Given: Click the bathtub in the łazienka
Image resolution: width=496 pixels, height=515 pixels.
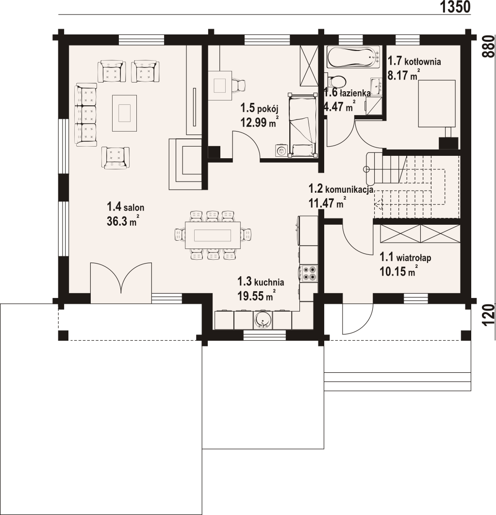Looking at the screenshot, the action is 353,57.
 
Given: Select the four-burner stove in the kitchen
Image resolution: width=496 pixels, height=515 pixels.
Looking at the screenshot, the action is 309,273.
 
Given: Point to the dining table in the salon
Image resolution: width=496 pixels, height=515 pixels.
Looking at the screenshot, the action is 213,235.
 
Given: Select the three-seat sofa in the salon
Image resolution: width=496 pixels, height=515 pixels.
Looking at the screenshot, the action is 86,115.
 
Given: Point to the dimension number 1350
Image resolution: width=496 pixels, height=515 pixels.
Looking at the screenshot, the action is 455,7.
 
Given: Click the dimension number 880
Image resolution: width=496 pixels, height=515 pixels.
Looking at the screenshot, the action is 488,46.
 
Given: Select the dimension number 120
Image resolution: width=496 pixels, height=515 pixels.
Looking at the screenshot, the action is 488,315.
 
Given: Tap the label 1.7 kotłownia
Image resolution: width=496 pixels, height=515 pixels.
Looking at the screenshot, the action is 414,61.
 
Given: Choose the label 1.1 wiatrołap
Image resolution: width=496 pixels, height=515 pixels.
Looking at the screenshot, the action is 405,257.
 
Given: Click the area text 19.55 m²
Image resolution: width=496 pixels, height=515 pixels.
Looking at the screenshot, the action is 256,296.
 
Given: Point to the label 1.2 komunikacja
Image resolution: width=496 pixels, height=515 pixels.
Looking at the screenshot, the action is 341,189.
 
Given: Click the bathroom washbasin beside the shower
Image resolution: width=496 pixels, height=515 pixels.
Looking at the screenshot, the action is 376,86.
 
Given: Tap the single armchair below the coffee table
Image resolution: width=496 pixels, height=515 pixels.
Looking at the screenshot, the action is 116,158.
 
